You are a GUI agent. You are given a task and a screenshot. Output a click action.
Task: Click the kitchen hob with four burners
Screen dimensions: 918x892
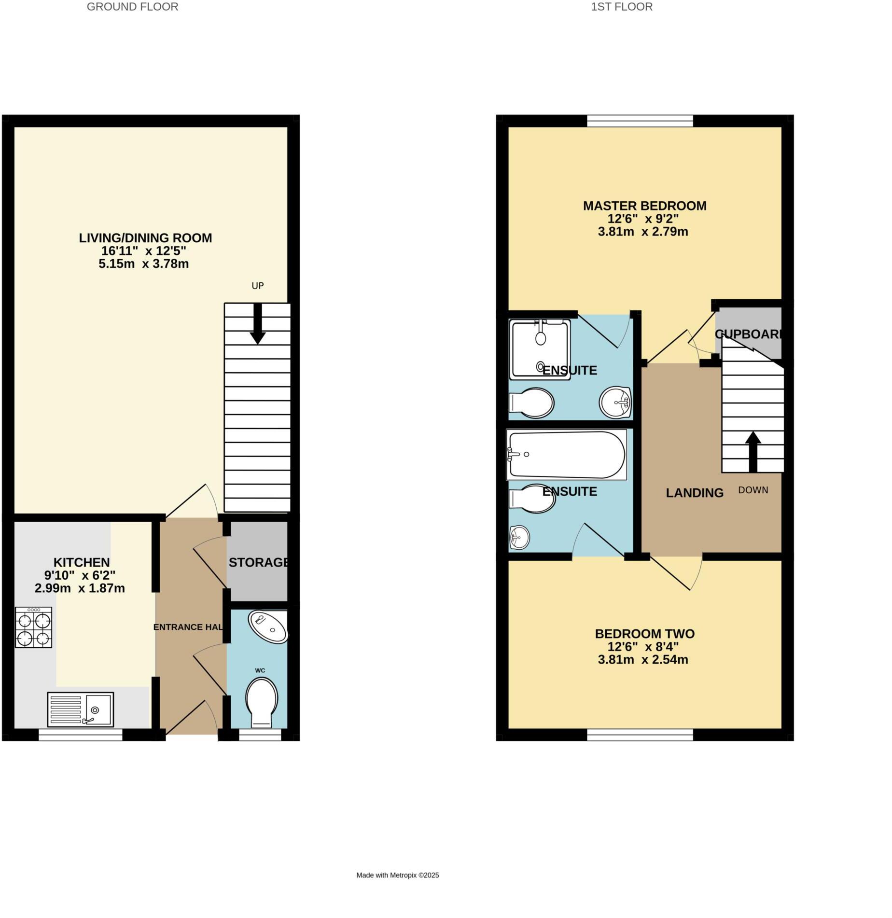coord(33,627)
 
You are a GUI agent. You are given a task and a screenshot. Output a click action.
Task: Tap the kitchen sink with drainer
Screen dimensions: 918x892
coord(81,709)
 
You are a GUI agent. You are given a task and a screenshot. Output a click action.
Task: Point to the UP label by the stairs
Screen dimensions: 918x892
coord(258,286)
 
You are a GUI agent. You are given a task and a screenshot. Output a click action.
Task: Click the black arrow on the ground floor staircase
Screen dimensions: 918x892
coord(258,324)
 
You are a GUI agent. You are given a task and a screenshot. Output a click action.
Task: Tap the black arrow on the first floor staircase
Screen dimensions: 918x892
coord(753,451)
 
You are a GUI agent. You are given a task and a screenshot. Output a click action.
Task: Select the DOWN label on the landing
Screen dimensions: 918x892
coord(753,490)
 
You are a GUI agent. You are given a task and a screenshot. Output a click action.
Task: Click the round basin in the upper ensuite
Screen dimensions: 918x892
coord(615,402)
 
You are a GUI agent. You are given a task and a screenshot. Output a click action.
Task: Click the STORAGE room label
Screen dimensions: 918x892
coord(259,562)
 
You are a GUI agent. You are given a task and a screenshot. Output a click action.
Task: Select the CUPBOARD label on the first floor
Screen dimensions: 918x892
coord(748,334)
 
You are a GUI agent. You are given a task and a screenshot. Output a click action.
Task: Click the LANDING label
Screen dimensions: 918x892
coord(695,493)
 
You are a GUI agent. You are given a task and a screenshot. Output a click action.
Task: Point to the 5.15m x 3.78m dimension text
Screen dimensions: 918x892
coord(143,264)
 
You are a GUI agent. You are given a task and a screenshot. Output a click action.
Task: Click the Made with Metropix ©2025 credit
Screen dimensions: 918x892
coord(398,875)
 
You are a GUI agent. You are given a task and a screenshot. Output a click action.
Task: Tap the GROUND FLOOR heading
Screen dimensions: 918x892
coord(132,7)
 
